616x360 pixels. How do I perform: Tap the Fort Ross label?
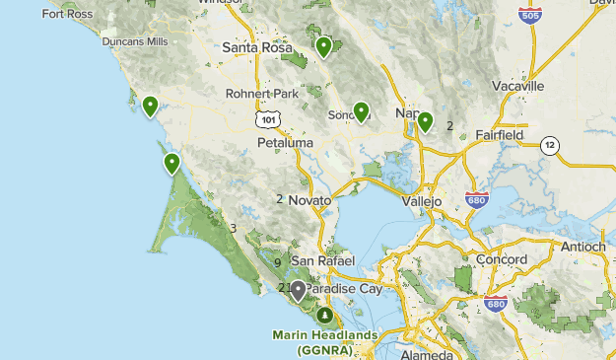tap(68, 14)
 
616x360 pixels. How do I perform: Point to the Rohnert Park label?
tap(262, 94)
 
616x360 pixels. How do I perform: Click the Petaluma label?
tap(285, 143)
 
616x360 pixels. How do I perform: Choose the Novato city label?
tap(309, 199)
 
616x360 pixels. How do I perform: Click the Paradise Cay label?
tap(342, 288)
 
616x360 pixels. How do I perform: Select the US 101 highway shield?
tap(267, 118)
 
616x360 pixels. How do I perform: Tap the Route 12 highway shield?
tap(549, 146)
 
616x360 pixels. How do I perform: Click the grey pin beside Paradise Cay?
tap(298, 289)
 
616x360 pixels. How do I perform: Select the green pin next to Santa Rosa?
tap(324, 45)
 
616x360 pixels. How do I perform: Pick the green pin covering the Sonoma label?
tap(361, 111)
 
